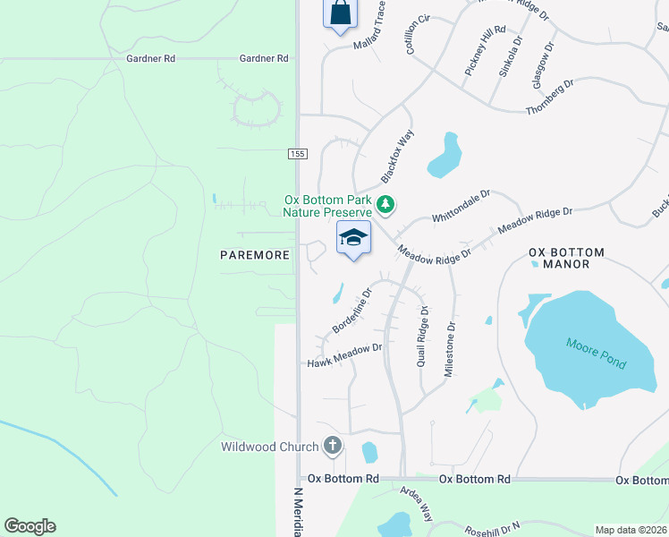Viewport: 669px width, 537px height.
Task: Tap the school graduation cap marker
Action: point(353,239)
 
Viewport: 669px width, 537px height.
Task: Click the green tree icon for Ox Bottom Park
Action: point(385,205)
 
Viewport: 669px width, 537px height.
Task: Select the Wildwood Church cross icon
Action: point(332,445)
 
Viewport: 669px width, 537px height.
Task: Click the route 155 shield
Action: point(298,154)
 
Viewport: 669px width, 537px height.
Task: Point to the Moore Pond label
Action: point(597,354)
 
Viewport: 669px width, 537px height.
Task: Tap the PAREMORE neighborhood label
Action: point(255,255)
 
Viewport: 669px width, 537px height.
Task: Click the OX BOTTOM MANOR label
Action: point(566,258)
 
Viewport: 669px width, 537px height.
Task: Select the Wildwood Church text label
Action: point(270,447)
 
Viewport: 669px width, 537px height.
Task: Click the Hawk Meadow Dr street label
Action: point(344,355)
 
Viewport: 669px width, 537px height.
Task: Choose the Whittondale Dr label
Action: point(462,205)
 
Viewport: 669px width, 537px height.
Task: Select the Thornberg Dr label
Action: point(550,96)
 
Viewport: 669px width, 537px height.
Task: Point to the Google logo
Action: point(30,526)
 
